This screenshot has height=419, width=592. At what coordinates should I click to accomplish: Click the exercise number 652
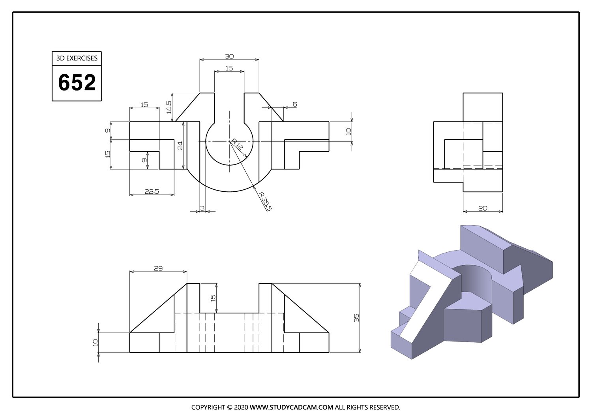pos(77,82)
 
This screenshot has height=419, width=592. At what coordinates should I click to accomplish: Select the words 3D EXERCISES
pos(77,58)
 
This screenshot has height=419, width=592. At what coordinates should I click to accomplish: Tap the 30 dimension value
pos(229,57)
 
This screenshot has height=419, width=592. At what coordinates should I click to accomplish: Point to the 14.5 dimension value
pos(169,107)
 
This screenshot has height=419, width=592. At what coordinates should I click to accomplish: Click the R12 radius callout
pos(237,144)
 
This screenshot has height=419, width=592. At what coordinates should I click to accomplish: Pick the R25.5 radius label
pos(265,201)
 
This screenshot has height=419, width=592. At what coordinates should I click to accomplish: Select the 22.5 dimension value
pos(152,191)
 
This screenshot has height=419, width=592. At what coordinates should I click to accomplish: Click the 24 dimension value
pos(180,145)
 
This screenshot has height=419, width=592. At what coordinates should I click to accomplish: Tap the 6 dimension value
pos(295,104)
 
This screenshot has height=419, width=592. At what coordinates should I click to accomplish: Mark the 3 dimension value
pos(202,208)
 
